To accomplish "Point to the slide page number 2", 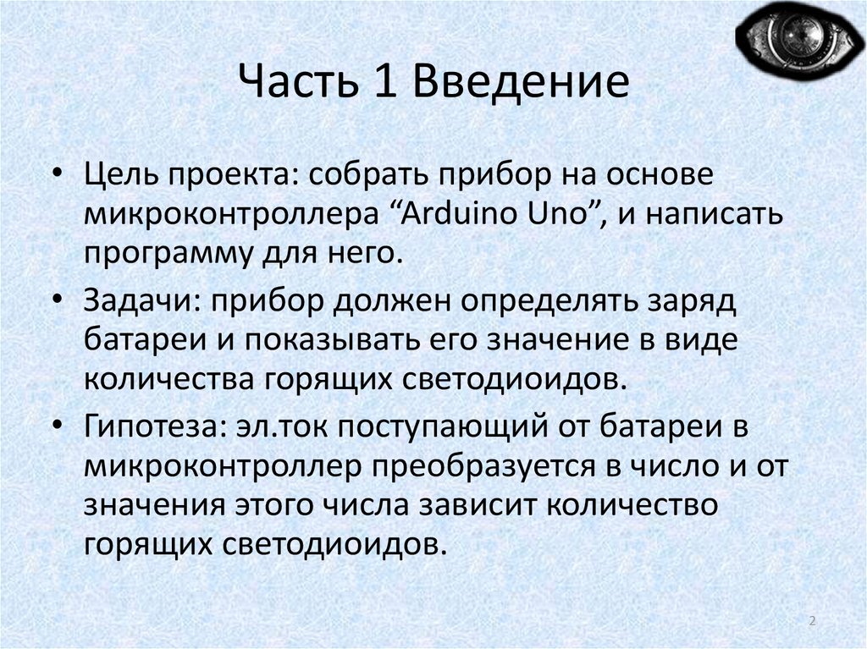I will coord(813,622).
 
